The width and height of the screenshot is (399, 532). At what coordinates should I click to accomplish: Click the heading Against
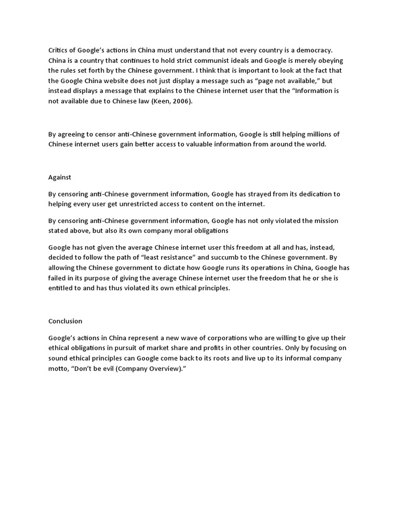pos(60,177)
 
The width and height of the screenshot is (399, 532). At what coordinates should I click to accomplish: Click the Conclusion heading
pos(65,321)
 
